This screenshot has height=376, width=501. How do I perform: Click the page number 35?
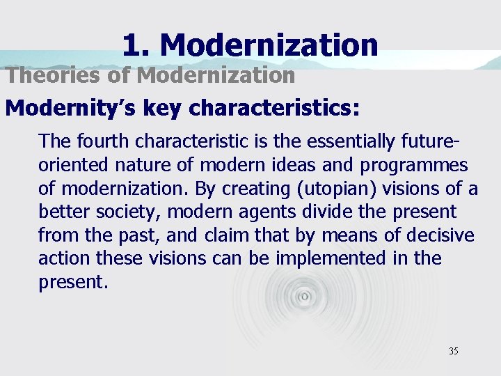[x=454, y=351]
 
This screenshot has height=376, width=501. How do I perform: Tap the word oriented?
[x=73, y=164]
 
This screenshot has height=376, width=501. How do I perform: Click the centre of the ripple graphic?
[x=304, y=297]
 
